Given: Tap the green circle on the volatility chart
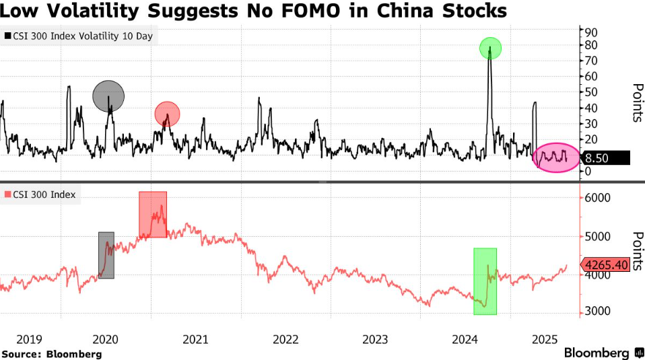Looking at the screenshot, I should pos(490,48).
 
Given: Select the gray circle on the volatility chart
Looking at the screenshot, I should pos(108,96).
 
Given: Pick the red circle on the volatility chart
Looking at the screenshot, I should pos(167,114).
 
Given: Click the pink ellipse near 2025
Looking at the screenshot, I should pos(555,157).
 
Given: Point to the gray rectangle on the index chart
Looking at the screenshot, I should pos(106,255).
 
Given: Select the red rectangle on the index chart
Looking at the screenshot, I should pos(153,214).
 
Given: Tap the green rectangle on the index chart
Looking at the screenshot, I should pos(485,281).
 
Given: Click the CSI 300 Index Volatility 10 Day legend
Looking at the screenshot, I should pos(80,36).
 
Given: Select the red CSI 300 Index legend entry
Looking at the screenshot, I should pos(41,195).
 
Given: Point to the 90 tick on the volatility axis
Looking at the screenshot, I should pos(591,32).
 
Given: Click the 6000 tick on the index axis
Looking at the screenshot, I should pos(596,198).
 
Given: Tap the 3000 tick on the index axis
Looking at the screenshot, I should pos(596,312).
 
